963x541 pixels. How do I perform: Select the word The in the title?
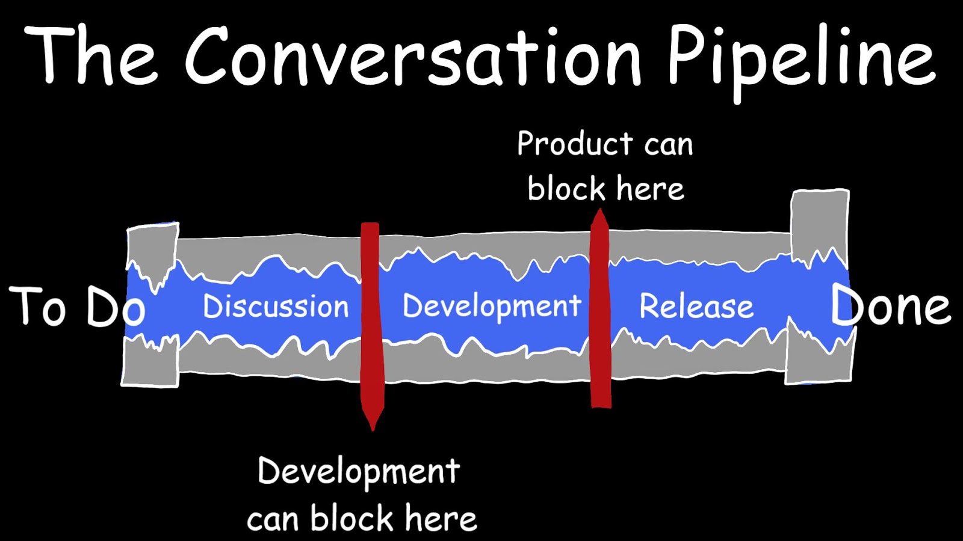(90, 57)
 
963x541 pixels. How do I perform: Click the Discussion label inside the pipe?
(276, 307)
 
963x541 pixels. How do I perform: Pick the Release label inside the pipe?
(696, 307)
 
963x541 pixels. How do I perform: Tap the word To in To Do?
(37, 307)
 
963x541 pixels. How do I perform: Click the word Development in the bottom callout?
(359, 472)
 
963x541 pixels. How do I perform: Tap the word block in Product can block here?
(566, 189)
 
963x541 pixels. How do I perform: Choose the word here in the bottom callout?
(441, 518)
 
